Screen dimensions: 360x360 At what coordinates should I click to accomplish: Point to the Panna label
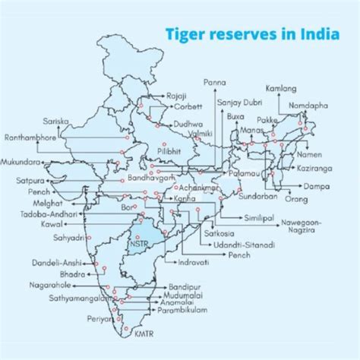coord(216,80)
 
